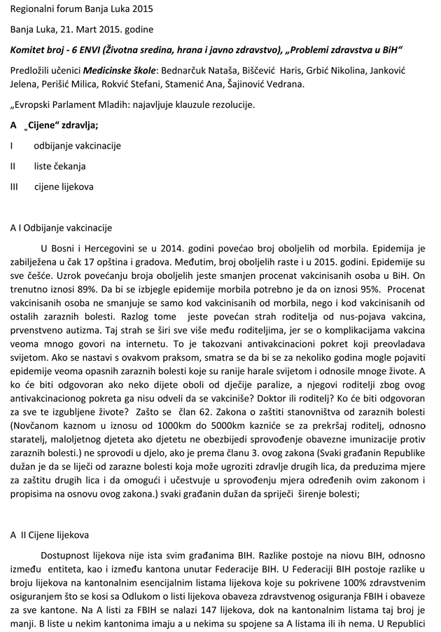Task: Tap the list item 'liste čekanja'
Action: click(60, 167)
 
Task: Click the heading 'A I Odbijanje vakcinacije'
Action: click(61, 228)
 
